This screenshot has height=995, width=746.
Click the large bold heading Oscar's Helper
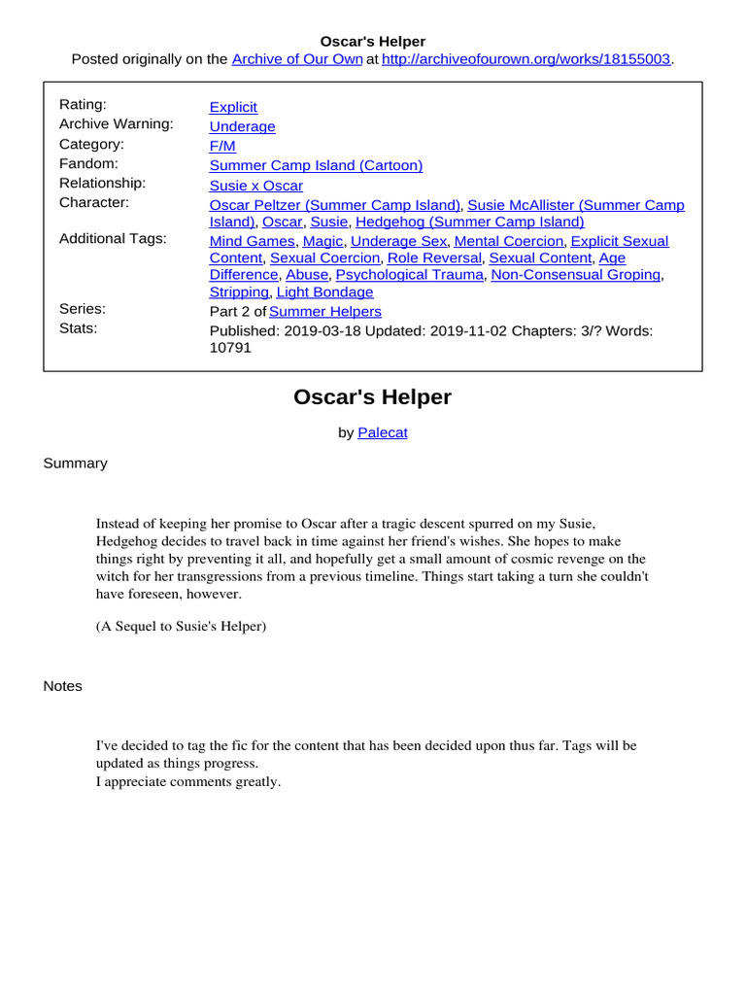pos(372,397)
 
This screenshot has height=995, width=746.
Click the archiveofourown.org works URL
pos(526,59)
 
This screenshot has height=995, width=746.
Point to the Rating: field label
pos(85,105)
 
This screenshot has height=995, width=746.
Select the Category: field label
pos(91,144)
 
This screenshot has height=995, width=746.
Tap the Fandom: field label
pos(88,163)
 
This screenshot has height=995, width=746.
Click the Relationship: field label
pos(102,183)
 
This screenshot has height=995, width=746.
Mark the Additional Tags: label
pos(113,238)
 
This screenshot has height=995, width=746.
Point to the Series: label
pos(83,309)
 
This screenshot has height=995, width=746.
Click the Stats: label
pos(80,328)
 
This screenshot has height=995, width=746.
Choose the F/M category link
pos(222,146)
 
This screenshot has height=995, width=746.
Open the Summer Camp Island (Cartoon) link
pos(316,165)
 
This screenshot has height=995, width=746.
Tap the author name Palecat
pos(383,433)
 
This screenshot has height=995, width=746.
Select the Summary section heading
pos(75,463)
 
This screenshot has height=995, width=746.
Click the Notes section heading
pos(62,686)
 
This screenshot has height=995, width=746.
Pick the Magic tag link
pos(322,240)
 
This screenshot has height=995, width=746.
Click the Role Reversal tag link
pos(434,257)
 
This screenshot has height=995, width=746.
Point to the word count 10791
pos(230,348)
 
